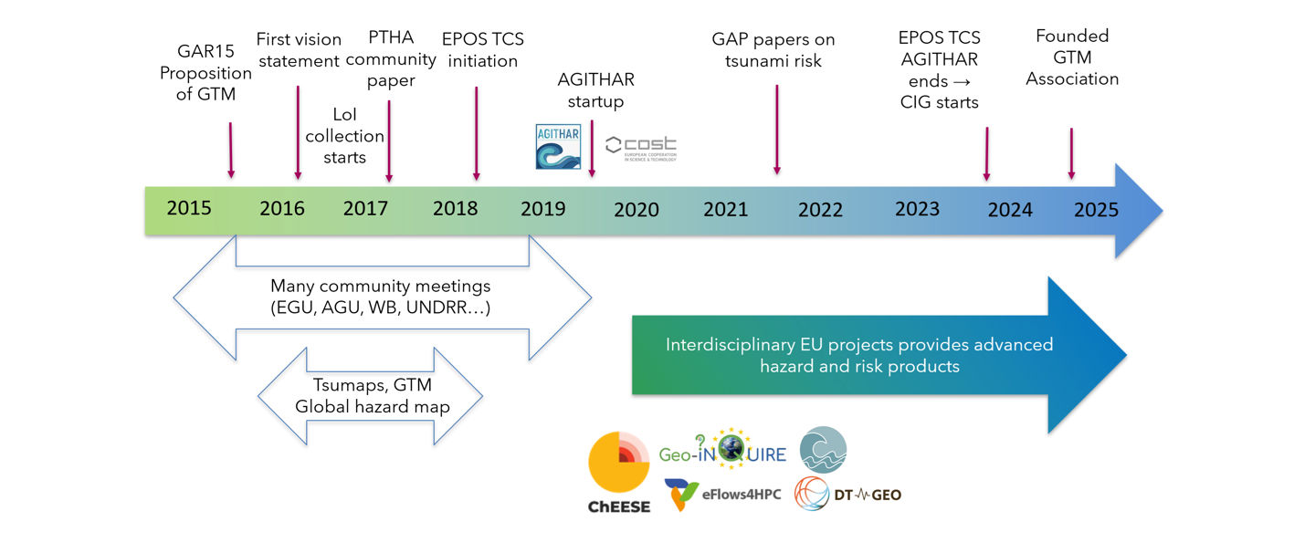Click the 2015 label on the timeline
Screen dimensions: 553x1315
pos(189,208)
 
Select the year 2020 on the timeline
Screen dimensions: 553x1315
pos(636,210)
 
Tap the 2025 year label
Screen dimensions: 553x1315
pos(1096,210)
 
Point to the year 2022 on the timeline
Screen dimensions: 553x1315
pos(820,210)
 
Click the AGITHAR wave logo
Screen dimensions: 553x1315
pos(558,147)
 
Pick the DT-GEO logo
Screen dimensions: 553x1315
pos(848,495)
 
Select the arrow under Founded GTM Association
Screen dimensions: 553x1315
pos(1071,153)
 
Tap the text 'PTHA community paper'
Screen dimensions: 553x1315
pos(391,59)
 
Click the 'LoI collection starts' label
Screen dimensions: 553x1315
pos(345,136)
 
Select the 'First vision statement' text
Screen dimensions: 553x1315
pos(299,50)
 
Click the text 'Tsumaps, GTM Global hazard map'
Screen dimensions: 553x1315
pos(373,396)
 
